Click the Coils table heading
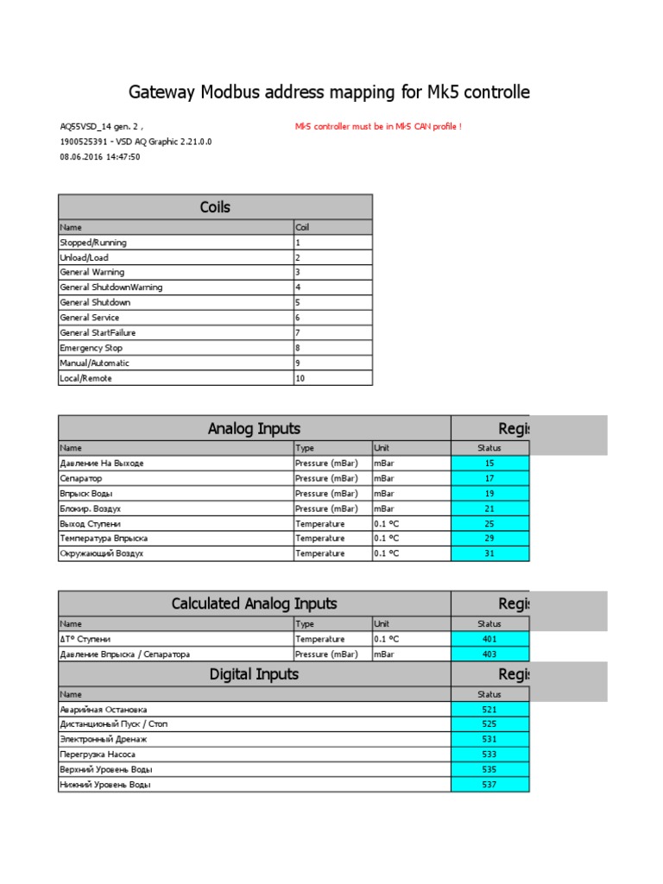[215, 207]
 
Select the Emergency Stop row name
[92, 348]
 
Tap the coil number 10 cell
[300, 378]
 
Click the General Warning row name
[92, 272]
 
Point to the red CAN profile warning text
[378, 127]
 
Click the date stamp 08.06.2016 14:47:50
[99, 157]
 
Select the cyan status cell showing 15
[489, 464]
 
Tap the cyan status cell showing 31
[489, 553]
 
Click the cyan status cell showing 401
[489, 640]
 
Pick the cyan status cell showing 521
[489, 710]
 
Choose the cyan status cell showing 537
[489, 785]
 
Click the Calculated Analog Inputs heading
[254, 603]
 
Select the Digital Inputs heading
[254, 674]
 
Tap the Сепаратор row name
[80, 478]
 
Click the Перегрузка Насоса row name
[98, 755]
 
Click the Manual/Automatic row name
[94, 363]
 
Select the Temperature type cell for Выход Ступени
[319, 524]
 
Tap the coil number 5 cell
[298, 303]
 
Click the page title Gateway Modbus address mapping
[329, 92]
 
